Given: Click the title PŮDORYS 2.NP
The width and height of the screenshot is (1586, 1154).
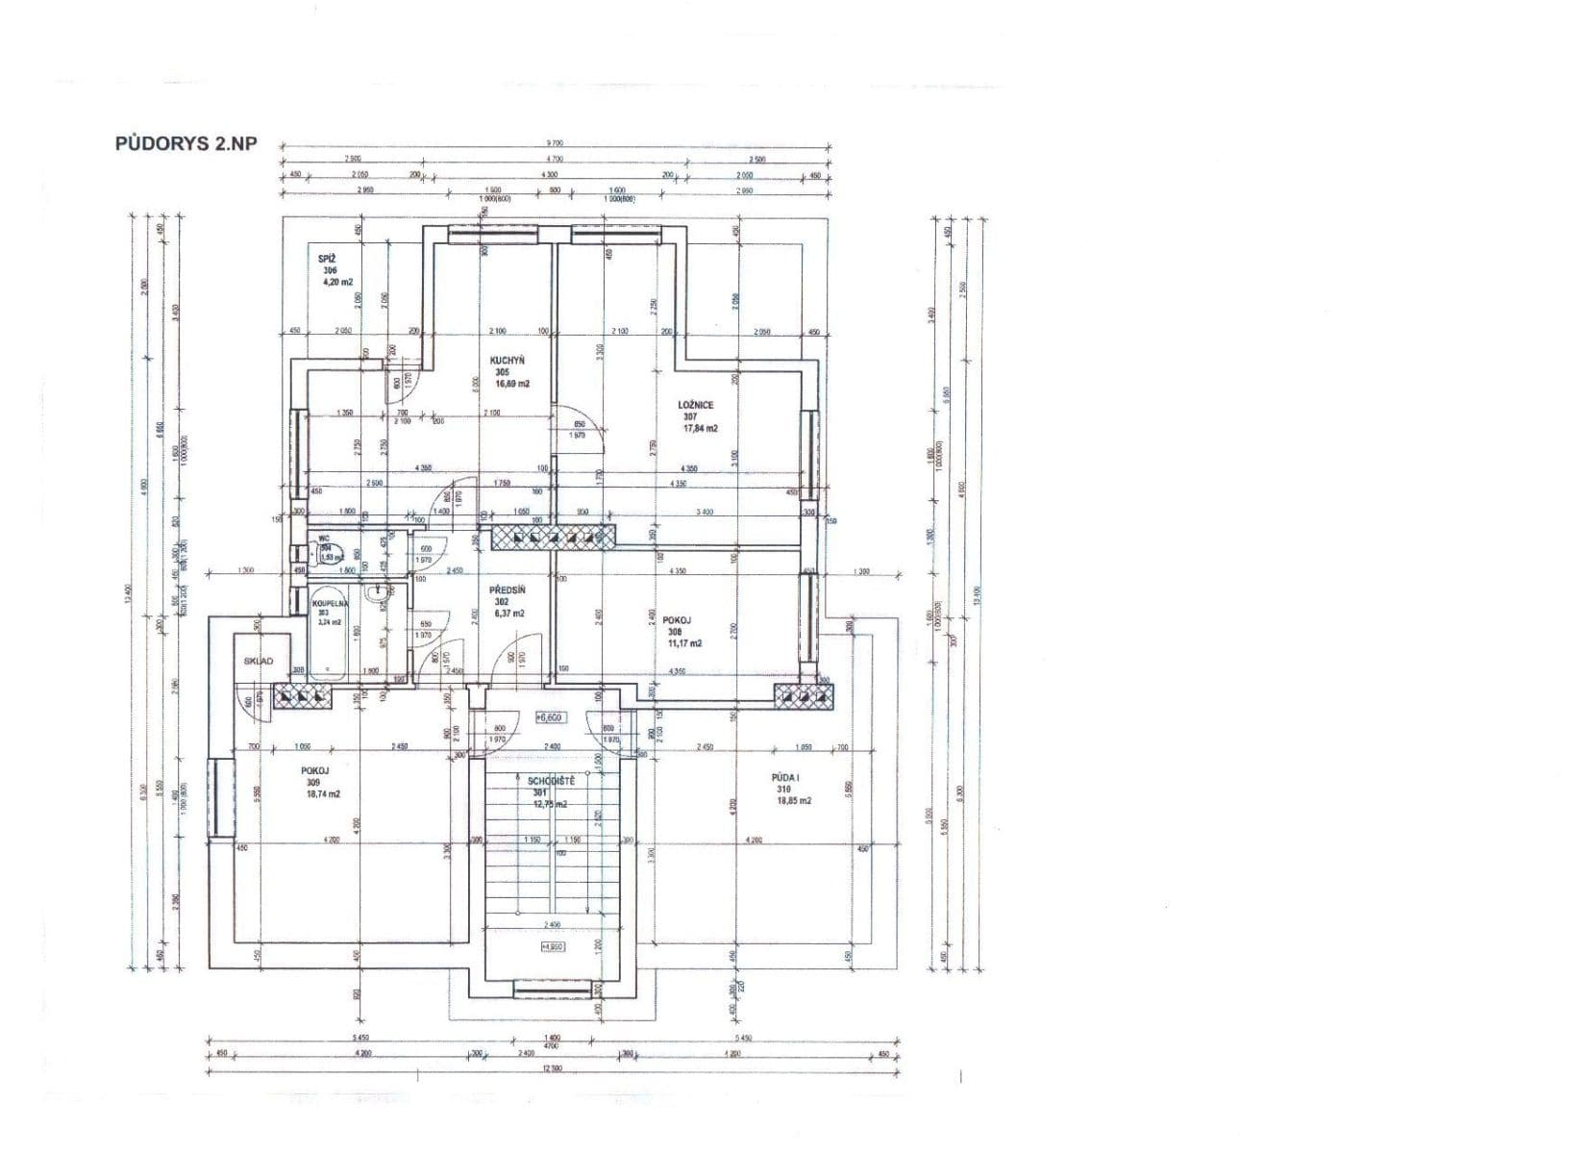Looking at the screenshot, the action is tap(186, 144).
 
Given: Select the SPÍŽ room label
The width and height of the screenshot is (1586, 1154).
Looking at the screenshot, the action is tap(327, 259).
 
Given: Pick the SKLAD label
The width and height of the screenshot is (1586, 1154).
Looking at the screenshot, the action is tap(259, 661).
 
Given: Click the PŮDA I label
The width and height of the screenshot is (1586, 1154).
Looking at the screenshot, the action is tap(785, 777).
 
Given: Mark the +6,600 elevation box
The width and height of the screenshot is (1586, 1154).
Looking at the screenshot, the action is tap(550, 716).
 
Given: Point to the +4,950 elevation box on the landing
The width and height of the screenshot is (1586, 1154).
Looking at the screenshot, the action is tap(553, 946).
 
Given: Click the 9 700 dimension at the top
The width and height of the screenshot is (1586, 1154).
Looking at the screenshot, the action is tap(555, 143).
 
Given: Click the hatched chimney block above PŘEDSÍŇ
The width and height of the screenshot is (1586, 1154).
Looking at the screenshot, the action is tap(553, 537).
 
